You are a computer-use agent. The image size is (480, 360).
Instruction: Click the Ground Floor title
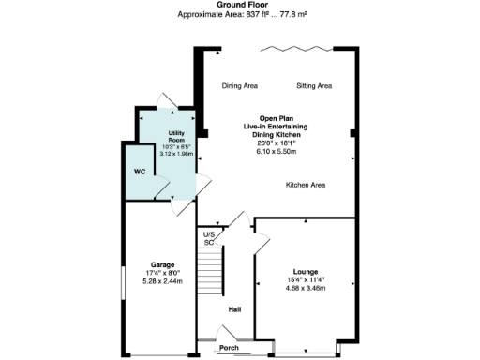click(239, 5)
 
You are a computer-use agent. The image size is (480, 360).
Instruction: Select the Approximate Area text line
click(239, 15)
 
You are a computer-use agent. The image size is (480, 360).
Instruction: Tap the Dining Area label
click(240, 86)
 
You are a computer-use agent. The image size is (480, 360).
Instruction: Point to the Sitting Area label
click(314, 86)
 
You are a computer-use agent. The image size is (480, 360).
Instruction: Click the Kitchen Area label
click(306, 185)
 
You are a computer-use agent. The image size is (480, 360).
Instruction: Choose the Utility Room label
click(176, 139)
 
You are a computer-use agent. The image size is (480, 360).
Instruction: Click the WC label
click(139, 172)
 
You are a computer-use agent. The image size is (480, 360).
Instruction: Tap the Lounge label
click(306, 271)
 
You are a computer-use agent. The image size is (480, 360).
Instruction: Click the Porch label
click(229, 349)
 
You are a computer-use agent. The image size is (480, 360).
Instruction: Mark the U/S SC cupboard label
click(210, 238)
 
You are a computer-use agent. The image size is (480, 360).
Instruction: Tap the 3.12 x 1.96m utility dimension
click(176, 154)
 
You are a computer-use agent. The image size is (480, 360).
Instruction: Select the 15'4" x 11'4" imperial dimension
click(306, 279)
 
